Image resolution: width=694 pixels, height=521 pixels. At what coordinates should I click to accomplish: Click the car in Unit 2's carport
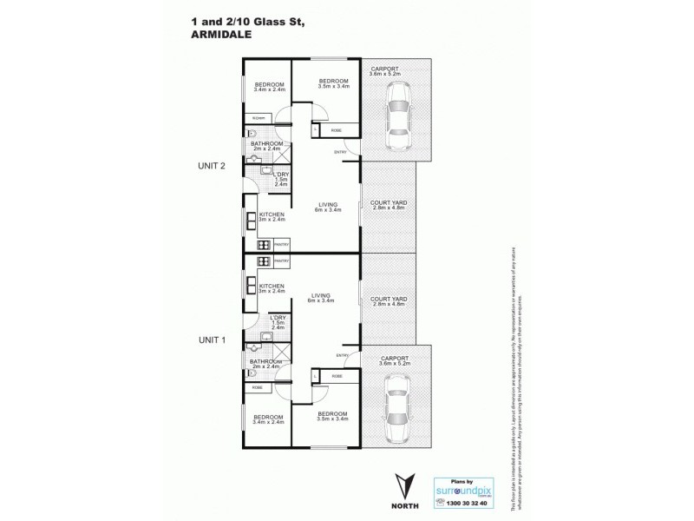(x=396, y=115)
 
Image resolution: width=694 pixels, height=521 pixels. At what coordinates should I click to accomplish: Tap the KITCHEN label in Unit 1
(x=272, y=287)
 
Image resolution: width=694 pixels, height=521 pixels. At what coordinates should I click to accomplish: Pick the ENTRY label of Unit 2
(x=341, y=153)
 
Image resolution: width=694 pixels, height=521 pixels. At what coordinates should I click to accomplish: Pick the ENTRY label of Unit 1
(x=341, y=355)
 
